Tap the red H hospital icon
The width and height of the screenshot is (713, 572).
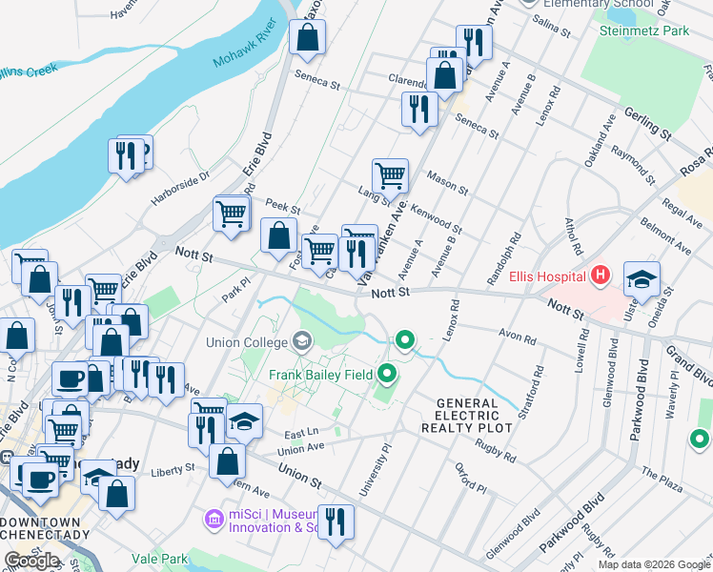(x=600, y=277)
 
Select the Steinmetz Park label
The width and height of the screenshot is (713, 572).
(x=643, y=31)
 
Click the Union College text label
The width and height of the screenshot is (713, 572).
(x=246, y=342)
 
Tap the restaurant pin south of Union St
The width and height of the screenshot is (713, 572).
(x=336, y=522)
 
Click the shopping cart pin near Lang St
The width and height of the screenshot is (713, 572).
(x=390, y=175)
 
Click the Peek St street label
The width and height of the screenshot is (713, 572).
(x=283, y=206)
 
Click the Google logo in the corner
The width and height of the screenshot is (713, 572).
(x=31, y=561)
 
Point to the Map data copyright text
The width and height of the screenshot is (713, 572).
(x=653, y=564)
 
